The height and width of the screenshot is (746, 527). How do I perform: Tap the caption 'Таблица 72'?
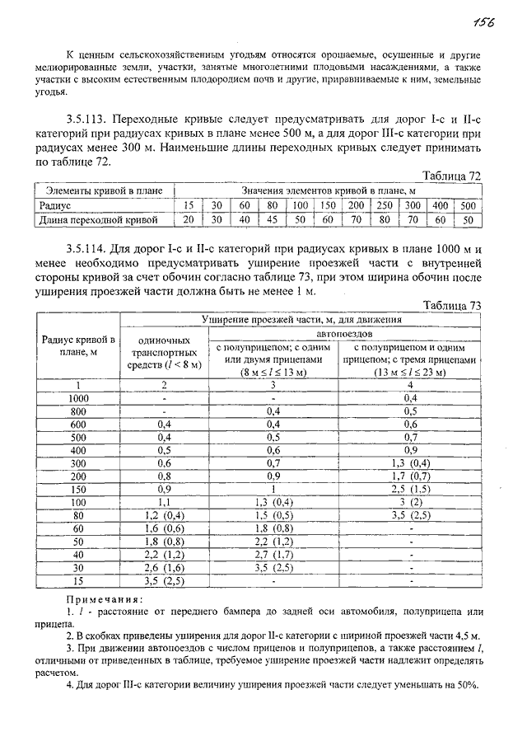click(x=451, y=176)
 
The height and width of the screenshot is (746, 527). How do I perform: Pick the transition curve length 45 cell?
click(x=273, y=220)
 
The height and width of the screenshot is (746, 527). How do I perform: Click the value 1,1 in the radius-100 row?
click(x=164, y=502)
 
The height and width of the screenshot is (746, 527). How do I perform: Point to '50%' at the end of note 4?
click(x=468, y=687)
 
